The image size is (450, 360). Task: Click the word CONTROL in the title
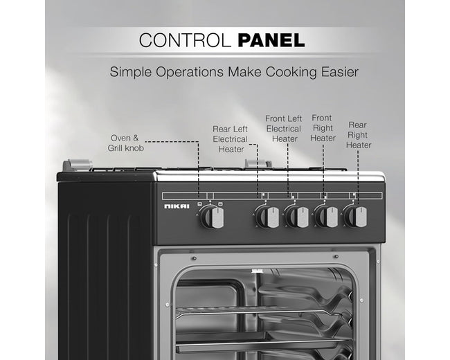185,40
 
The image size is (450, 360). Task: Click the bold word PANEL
271,40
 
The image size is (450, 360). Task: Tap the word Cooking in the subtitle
291,72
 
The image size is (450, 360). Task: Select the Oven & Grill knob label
126,143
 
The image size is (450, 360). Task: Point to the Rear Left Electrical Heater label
230,139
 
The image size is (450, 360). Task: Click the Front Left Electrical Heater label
284,129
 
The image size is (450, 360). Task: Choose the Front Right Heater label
323,128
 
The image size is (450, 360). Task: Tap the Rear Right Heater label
359,135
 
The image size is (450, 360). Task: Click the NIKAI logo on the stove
177,206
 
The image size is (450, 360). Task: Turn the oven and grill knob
212,217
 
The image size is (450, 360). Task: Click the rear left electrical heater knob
267,217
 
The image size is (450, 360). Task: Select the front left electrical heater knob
297,217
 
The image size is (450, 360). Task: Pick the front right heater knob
326,217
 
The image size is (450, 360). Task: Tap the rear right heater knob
355,216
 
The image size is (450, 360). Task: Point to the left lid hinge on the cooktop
78,165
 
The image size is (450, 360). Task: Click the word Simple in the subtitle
131,72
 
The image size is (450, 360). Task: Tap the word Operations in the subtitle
190,72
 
